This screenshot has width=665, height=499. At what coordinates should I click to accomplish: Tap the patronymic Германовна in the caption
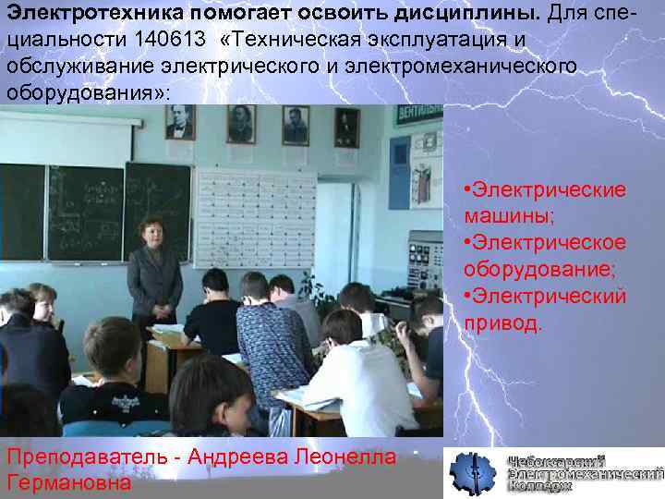coord(68,482)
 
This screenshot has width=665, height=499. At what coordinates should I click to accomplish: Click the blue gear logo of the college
coord(473,474)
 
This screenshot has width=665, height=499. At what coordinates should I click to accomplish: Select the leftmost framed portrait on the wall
coord(180,121)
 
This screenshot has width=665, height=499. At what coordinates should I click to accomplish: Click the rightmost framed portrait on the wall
coord(346,127)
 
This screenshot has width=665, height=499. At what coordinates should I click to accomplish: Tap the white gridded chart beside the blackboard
coord(253,218)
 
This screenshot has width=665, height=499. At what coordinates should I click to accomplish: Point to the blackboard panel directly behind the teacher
coord(157,203)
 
